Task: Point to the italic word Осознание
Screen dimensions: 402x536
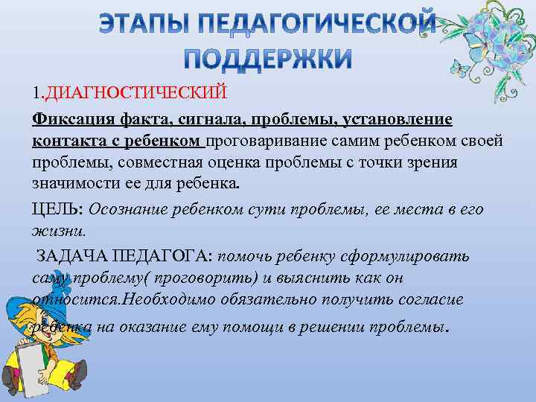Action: pos(133,209)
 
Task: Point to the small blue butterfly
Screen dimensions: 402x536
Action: pos(463,70)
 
